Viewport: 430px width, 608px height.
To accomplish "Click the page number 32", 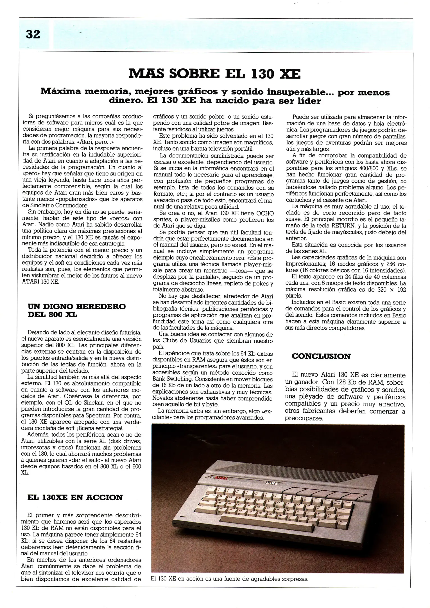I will (x=33, y=35).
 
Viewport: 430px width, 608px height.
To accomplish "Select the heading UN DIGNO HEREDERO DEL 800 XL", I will (x=76, y=310).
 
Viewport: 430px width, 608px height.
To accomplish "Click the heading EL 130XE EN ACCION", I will (x=75, y=497).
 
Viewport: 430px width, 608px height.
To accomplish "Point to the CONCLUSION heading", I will (x=321, y=356).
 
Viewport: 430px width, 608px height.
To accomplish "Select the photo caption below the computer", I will (x=229, y=579).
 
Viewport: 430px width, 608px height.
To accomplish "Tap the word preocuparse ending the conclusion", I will (x=304, y=418).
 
